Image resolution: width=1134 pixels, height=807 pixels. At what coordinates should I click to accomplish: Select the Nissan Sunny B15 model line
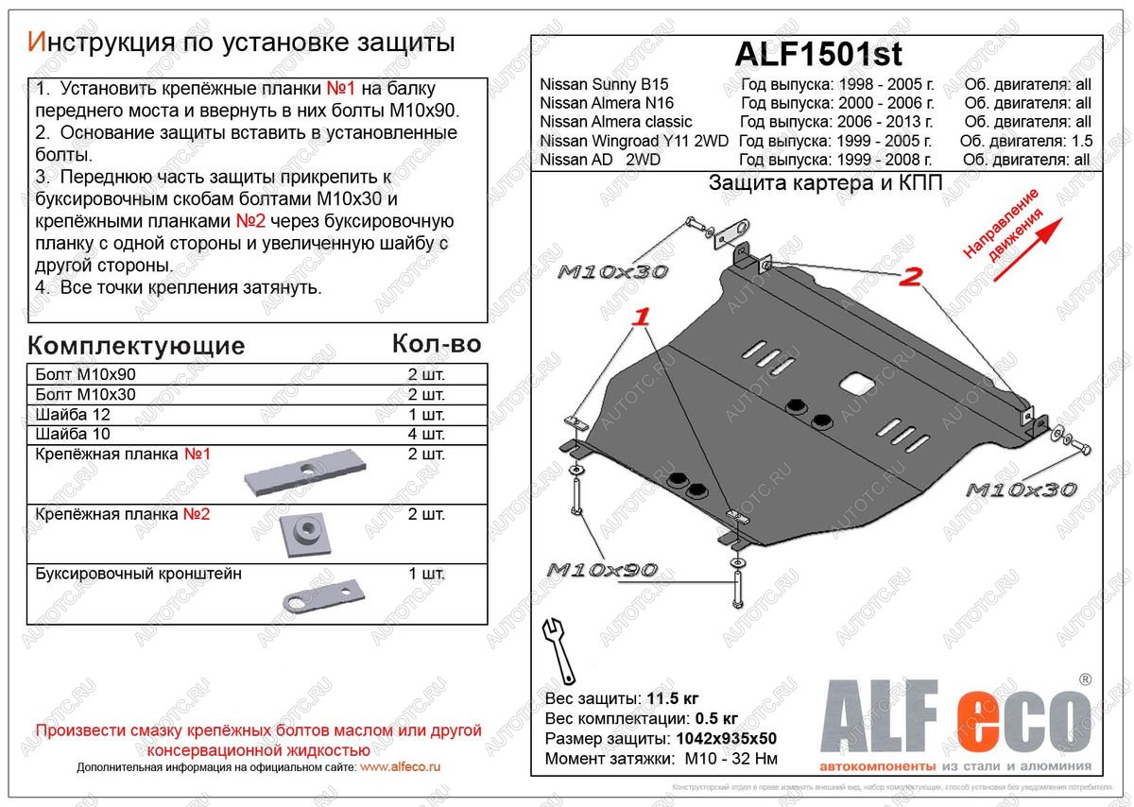(604, 85)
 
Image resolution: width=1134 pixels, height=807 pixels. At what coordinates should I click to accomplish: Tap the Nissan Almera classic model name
(615, 122)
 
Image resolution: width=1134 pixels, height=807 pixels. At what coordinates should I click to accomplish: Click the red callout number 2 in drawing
(910, 277)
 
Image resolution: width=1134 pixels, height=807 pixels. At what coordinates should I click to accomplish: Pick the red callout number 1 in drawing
(643, 318)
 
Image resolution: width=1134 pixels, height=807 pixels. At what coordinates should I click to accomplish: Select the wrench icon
(559, 649)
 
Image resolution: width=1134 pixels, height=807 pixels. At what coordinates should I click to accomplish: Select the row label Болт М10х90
(85, 374)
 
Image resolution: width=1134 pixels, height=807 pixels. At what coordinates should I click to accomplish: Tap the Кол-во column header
(436, 344)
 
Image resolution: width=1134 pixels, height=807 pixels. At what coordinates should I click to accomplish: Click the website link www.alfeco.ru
(400, 768)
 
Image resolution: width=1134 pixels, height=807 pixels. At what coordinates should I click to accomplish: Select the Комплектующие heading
(136, 345)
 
